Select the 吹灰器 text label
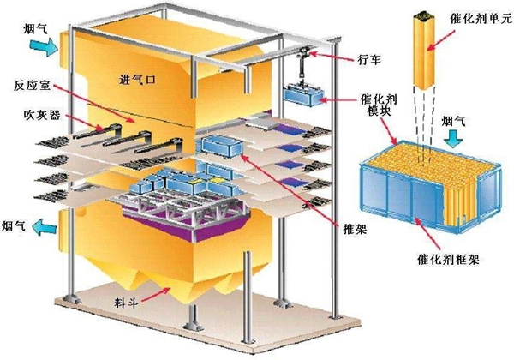[31, 114]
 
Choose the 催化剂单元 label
[475, 15]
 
